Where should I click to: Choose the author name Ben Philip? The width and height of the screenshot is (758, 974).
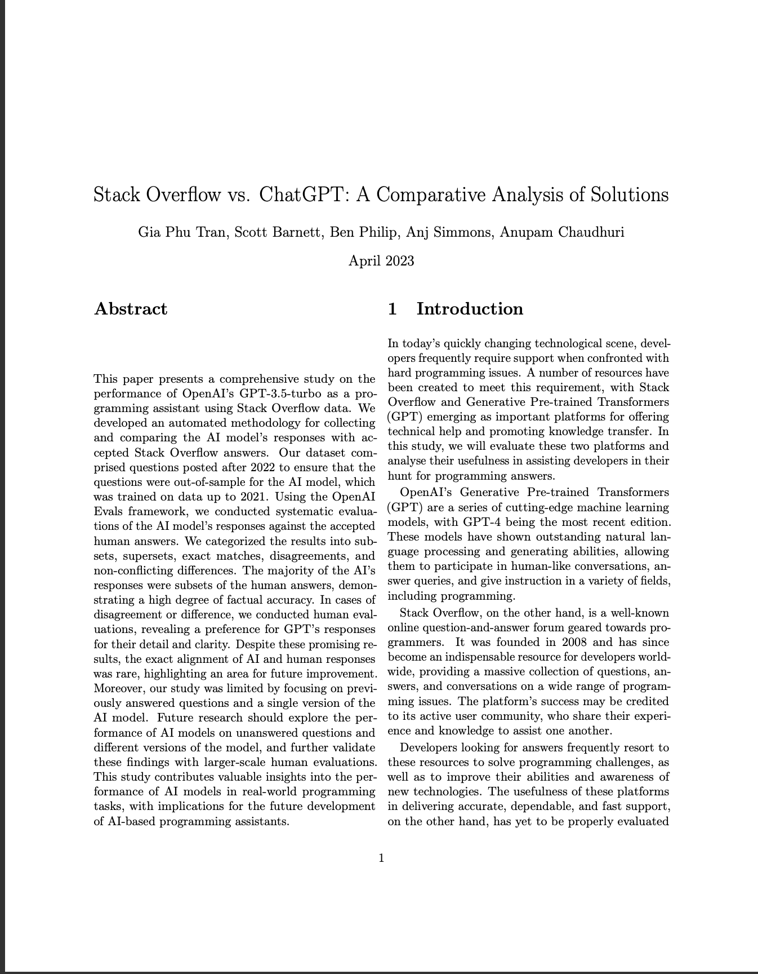click(x=363, y=232)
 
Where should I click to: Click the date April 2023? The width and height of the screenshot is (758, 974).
click(x=381, y=261)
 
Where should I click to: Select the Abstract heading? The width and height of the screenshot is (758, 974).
click(x=131, y=309)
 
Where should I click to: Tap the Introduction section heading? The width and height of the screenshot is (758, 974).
click(x=469, y=309)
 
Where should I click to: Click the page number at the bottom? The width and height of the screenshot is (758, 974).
click(x=381, y=858)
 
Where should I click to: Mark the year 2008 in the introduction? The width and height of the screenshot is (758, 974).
click(x=572, y=642)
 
